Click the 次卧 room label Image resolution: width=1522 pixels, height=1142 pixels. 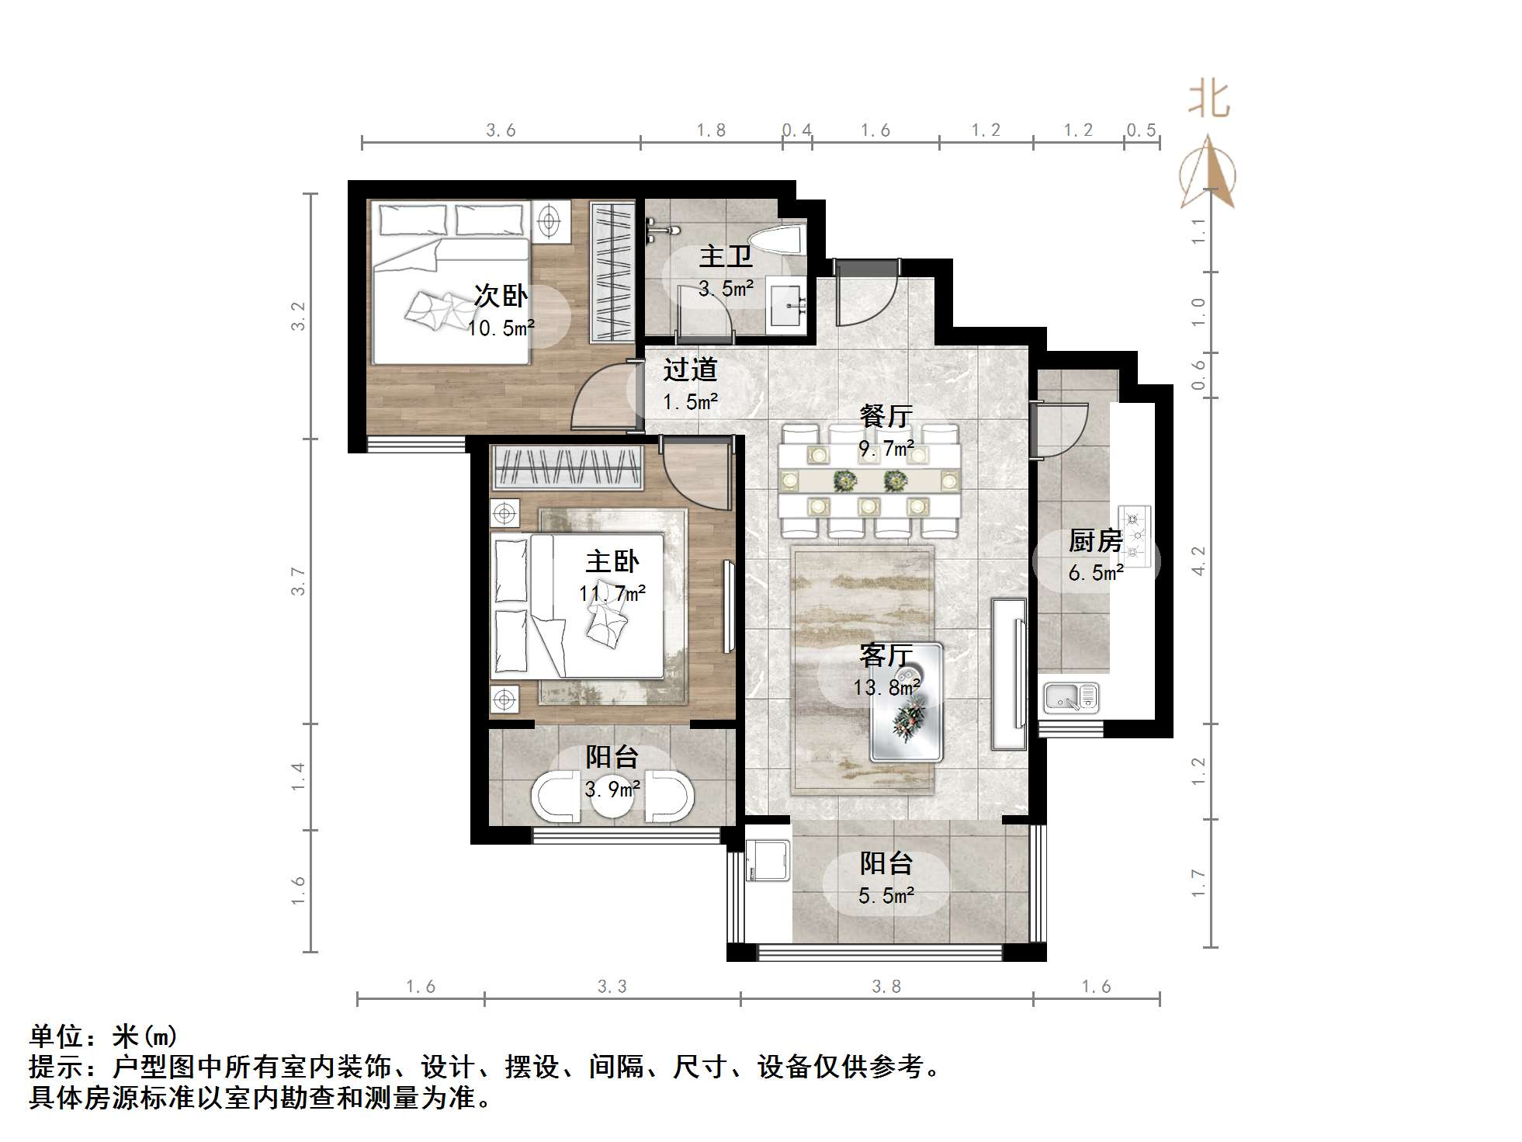point(501,296)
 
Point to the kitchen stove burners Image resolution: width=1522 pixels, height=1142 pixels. point(1134,534)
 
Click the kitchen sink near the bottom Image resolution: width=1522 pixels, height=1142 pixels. point(1071,697)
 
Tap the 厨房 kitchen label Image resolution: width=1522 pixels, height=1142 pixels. point(1095,540)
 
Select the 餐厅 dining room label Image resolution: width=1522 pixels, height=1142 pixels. point(886,416)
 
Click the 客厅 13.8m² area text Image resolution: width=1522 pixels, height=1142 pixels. point(886,687)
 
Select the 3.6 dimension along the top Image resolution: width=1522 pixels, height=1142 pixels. point(501,130)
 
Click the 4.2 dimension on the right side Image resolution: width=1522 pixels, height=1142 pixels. point(1199,561)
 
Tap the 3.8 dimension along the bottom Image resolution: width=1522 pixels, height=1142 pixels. point(886,987)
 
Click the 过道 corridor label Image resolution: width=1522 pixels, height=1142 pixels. point(689,370)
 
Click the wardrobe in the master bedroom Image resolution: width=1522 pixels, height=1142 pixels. point(567,467)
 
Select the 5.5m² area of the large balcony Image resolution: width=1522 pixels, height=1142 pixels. point(886,896)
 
